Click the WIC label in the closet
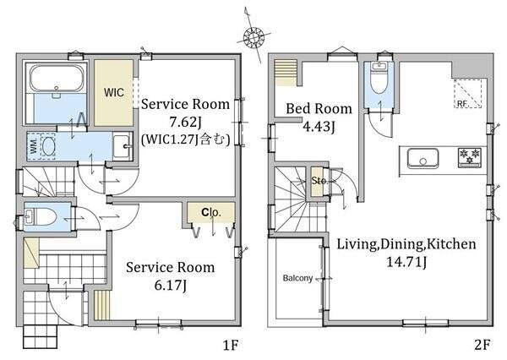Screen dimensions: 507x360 pos(114,92)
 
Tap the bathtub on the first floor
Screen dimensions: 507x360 pos(56,79)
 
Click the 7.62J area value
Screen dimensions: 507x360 pos(185,123)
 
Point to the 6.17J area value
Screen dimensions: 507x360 pos(171,286)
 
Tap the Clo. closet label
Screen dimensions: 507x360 pos(210,212)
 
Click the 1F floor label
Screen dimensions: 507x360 pos(231,346)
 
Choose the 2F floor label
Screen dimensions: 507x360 pos(482,345)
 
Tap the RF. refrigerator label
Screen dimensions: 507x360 pos(462,103)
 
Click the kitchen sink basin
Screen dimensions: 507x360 pos(422,158)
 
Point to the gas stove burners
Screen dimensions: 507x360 pos(469,156)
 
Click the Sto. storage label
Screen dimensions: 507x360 pos(319,181)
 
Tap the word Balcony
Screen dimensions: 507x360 pos(297,278)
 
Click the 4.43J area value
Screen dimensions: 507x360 pos(319,126)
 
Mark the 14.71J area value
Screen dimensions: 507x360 pos(406,262)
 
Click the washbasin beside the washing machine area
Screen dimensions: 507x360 pos(123,146)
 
